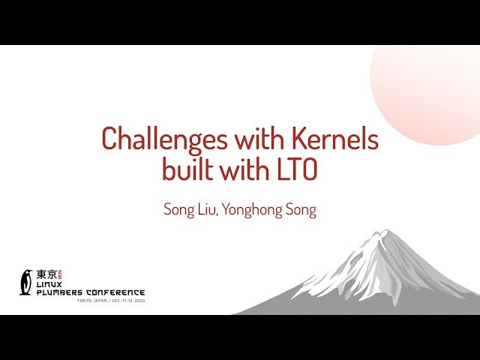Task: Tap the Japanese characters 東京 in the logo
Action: click(x=46, y=274)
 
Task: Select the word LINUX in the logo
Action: click(x=49, y=284)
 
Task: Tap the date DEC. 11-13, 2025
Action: click(x=126, y=300)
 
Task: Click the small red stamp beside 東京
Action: click(x=60, y=274)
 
